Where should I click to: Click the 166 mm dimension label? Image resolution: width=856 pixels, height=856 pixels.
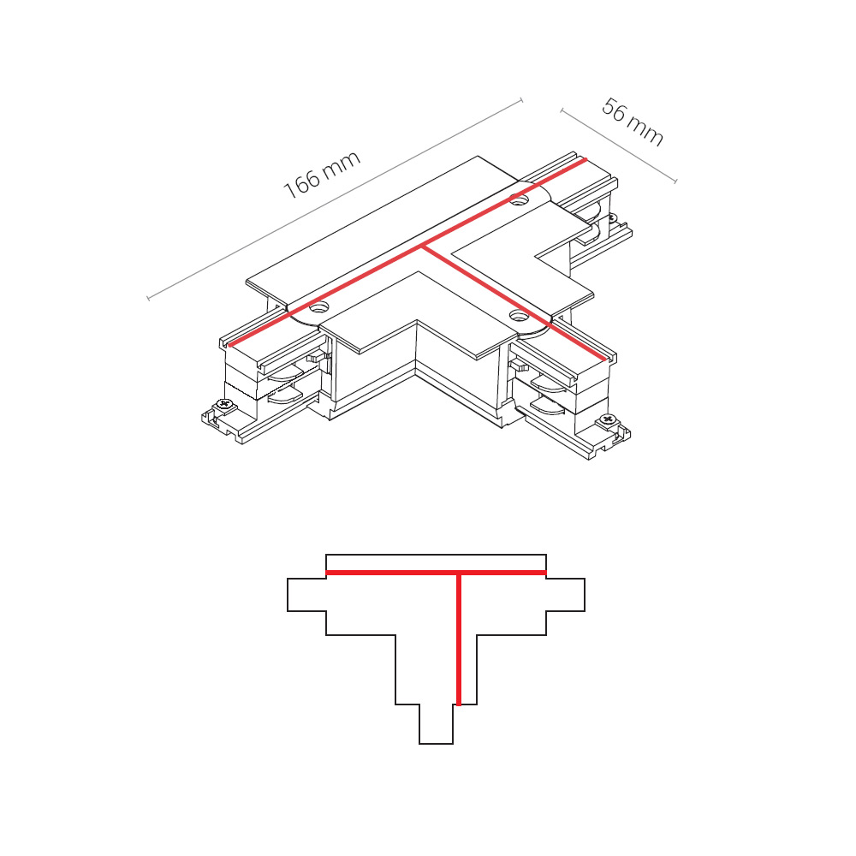point(322,174)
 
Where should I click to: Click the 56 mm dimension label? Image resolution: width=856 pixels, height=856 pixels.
point(633,122)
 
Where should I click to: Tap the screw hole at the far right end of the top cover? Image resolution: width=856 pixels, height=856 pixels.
point(520,199)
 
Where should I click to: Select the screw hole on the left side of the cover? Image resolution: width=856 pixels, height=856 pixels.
point(318,307)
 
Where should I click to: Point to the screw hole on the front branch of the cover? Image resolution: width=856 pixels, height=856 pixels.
point(517,314)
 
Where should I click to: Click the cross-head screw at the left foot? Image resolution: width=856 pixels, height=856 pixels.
point(224,404)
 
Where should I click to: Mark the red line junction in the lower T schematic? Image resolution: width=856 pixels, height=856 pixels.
point(459,573)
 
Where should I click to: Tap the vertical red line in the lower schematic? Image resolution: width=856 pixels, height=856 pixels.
point(459,639)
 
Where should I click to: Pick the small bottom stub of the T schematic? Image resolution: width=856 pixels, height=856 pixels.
point(437,724)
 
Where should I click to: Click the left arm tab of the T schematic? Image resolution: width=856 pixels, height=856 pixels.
point(306,595)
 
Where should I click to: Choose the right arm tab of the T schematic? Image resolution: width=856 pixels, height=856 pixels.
point(566,595)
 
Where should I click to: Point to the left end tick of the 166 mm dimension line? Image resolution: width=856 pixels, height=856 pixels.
point(148,298)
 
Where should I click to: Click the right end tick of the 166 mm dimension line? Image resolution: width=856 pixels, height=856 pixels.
point(521,100)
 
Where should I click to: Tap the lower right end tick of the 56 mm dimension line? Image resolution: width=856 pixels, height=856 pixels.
point(676,181)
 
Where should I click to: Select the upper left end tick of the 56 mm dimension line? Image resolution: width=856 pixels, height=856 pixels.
point(562,110)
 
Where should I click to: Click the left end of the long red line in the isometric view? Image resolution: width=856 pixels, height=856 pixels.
point(229,345)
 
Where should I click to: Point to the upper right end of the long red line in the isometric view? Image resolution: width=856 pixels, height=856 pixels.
point(586,159)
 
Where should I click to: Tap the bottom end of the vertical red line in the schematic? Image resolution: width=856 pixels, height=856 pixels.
point(459,704)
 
